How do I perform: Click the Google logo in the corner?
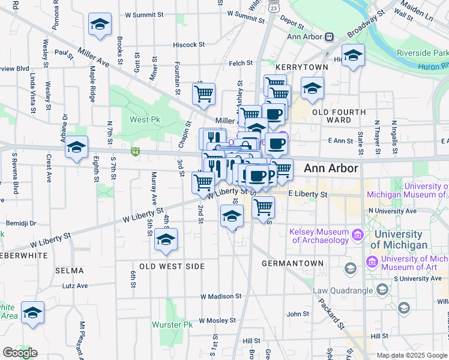tap(20, 353)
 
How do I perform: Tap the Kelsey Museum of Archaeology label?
tap(319, 236)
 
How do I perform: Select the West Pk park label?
tap(142, 119)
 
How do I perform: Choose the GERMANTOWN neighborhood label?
tap(293, 263)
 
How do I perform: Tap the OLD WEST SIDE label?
tap(172, 266)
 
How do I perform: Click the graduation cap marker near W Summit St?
tap(100, 25)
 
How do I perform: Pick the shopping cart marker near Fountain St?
tap(203, 93)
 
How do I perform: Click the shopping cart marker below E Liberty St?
tap(263, 207)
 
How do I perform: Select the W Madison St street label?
tap(221, 296)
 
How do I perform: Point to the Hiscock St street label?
tap(189, 44)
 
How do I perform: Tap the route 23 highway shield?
tap(273, 8)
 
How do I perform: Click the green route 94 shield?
tap(136, 152)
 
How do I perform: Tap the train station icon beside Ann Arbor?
tap(330, 37)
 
